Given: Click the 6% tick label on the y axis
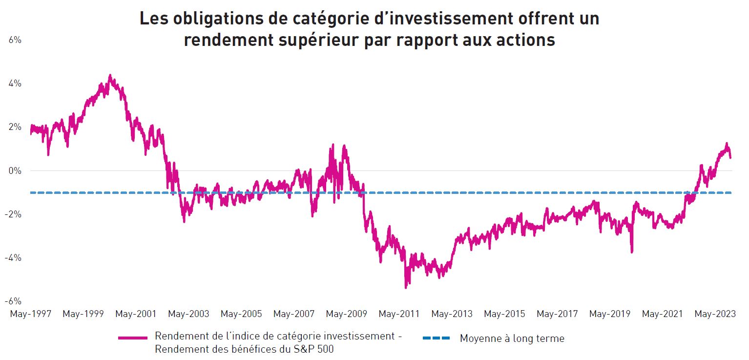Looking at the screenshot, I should pos(15,40).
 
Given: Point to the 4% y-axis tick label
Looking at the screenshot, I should pos(15,84).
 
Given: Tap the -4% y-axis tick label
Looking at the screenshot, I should pos(14,257).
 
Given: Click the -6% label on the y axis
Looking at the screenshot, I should pos(14,301).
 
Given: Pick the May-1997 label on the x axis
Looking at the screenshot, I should pos(30,314).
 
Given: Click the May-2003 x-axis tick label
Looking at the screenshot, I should pos(188,314).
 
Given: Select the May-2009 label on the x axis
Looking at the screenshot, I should pos(346,314).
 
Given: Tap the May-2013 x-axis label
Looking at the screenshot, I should pos(452,314).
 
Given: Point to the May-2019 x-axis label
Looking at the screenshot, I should pos(610,314).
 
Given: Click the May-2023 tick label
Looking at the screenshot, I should pos(715,314).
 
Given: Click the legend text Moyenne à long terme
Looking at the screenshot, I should pos(512,338).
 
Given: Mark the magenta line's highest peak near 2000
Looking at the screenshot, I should pos(110,75).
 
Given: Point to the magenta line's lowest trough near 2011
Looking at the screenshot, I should pos(406,287).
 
